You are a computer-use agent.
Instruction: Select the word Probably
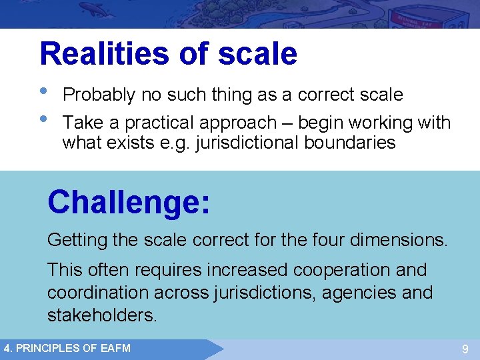(x=99, y=95)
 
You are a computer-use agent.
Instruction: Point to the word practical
(x=164, y=123)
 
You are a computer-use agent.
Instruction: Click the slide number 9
(x=465, y=349)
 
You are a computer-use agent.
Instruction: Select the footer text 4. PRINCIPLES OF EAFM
(x=67, y=348)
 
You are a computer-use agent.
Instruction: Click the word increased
(x=246, y=271)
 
